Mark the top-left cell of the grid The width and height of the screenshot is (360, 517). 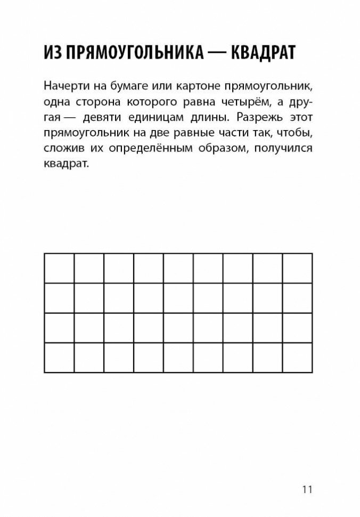click(59, 269)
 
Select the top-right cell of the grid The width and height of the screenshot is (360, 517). click(297, 269)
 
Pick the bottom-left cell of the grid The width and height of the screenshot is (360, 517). click(59, 358)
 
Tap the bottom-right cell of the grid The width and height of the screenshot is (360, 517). click(297, 358)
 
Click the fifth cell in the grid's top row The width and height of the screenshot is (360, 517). click(178, 269)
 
